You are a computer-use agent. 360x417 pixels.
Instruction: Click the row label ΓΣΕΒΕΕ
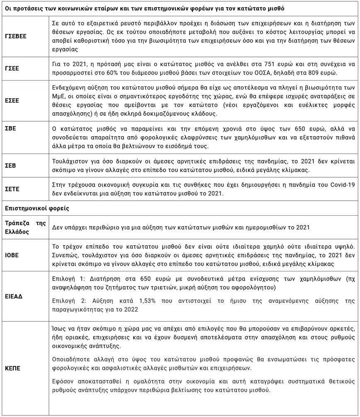pos(17,37)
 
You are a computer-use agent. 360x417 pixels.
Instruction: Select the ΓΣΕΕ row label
pos(14,67)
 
